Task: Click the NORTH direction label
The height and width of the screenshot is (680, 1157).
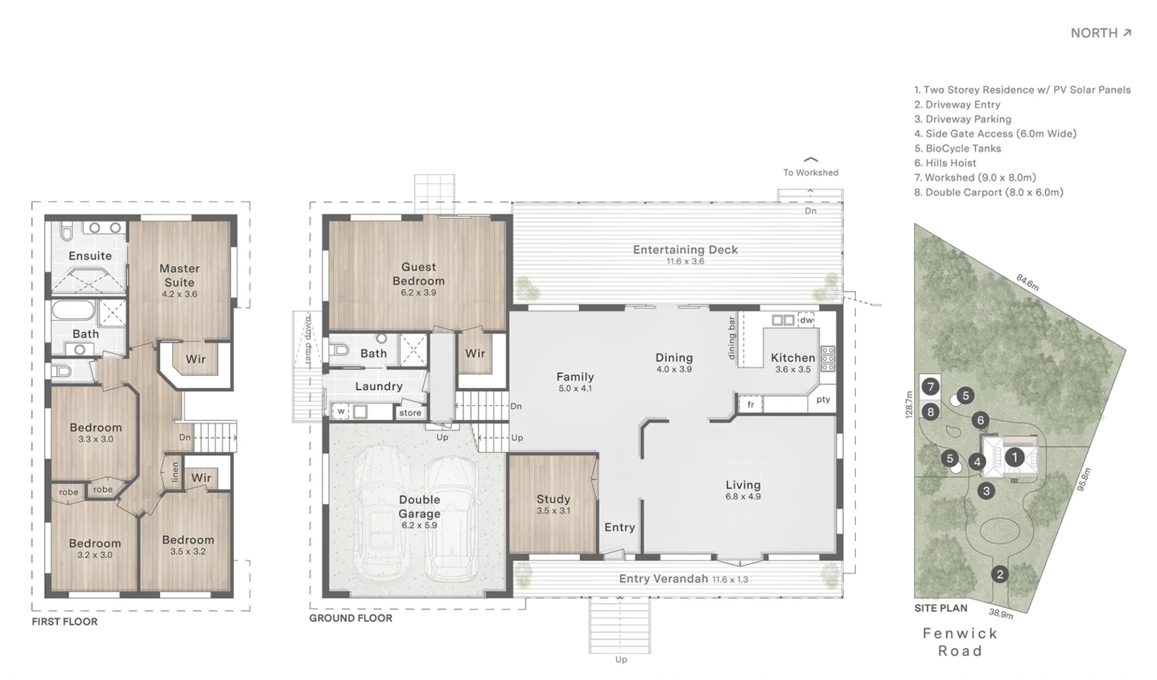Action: pos(1100,33)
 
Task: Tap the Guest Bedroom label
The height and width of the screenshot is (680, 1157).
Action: pos(419,275)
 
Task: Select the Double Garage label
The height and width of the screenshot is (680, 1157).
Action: pos(419,507)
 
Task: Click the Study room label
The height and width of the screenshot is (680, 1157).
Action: pos(553,499)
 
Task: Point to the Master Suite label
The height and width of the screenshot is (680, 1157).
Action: pos(180,276)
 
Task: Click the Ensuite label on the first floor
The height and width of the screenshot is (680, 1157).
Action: pos(90,256)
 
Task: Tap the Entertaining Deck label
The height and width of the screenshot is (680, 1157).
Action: pos(685,250)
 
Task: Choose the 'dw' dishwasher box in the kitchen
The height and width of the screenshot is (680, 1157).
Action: pos(806,320)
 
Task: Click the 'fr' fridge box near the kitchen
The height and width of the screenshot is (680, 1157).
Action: pos(751,405)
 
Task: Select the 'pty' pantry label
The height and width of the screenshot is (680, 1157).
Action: pos(823,399)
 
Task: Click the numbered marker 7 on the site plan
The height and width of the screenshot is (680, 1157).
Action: pos(930,386)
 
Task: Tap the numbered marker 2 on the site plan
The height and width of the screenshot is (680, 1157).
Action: pos(1000,574)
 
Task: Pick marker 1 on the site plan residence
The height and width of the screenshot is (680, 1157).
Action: pos(1014,457)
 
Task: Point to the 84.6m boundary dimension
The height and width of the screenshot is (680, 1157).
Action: pos(1027,282)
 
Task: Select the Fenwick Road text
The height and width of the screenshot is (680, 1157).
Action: pos(960,642)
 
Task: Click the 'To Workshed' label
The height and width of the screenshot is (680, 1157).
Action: pos(811,173)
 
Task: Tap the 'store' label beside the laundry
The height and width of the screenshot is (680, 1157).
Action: pos(410,413)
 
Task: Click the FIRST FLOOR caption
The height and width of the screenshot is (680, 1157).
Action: pos(65,621)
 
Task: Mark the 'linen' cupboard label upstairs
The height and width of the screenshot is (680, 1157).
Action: pos(175,472)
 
